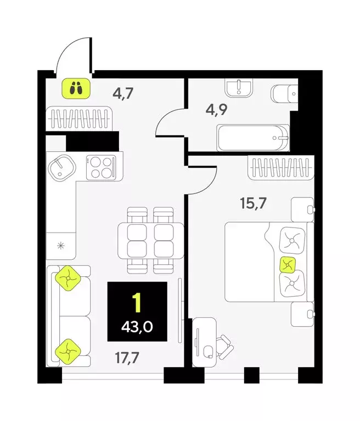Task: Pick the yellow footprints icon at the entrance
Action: [76, 87]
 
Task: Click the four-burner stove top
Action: [101, 166]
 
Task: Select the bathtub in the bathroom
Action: [253, 137]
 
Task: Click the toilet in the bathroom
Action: [284, 94]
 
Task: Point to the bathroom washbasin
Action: [239, 86]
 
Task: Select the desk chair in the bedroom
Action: [225, 345]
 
